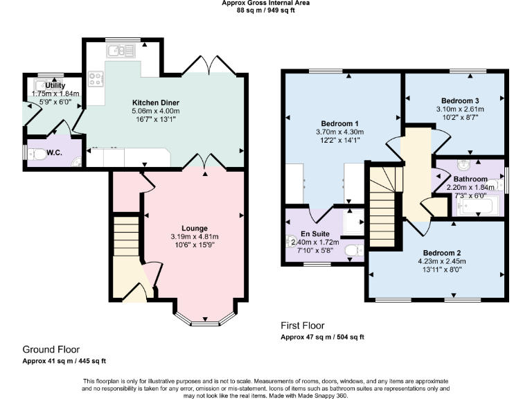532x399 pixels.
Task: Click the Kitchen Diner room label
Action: (x=155, y=102)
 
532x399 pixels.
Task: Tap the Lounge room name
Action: (x=195, y=228)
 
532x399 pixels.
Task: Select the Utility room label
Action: (x=55, y=85)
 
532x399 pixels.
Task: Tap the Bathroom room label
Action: (x=470, y=179)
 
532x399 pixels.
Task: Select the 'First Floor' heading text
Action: (x=302, y=326)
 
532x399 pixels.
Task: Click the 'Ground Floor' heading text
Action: (x=51, y=350)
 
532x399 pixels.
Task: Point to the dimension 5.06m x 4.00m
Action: (x=155, y=110)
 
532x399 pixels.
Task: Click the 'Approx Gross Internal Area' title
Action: (x=265, y=3)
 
